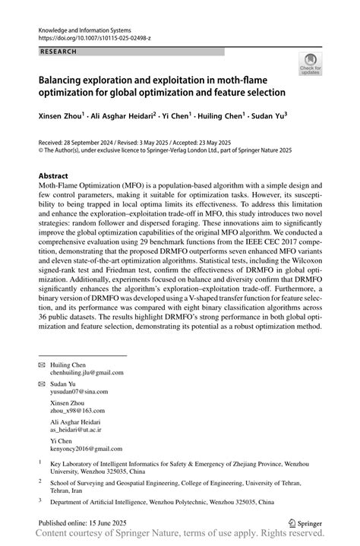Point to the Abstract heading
tap(53, 175)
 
